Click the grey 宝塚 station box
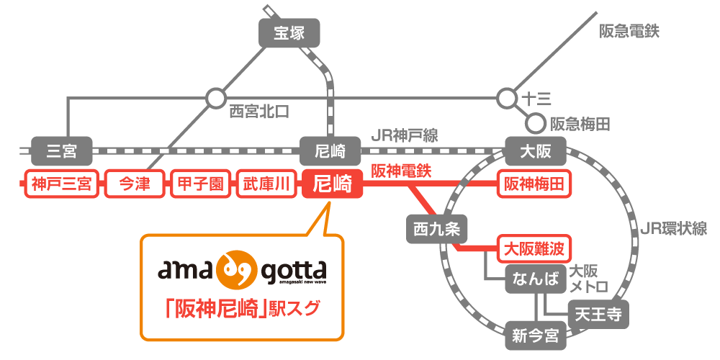(289, 33)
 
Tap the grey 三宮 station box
(61, 151)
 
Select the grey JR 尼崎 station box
(330, 151)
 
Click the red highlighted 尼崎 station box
(330, 185)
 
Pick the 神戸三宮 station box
(61, 185)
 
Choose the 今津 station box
(135, 185)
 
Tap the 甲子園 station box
(201, 185)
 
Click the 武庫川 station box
(266, 185)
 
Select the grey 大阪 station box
(536, 151)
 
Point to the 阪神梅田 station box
(534, 185)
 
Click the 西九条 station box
(437, 230)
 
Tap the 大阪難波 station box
(534, 250)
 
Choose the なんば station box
(534, 279)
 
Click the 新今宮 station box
(536, 336)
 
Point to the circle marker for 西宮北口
(215, 98)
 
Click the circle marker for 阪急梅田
(534, 124)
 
